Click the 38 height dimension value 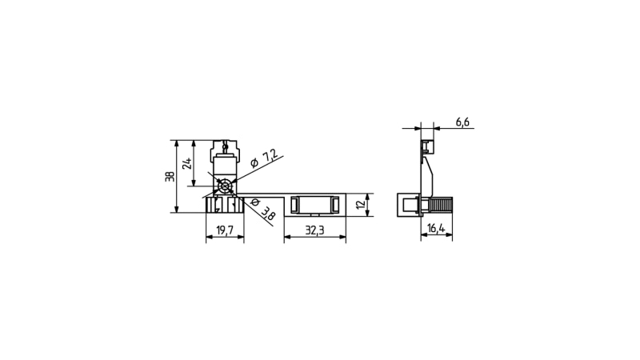(170, 176)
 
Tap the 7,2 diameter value (270, 156)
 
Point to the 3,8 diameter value (268, 213)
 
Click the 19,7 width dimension (225, 230)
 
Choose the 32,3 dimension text (314, 230)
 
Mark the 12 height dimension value (361, 205)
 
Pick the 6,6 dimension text (462, 122)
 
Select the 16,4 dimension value (436, 229)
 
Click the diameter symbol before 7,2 (254, 163)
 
